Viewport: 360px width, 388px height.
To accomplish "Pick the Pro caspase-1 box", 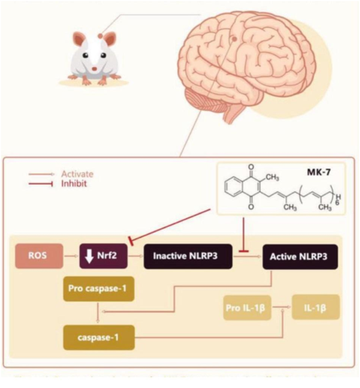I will click(x=98, y=289).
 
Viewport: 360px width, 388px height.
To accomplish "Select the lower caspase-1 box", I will click(x=98, y=336).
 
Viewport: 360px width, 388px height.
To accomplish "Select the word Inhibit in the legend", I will click(x=74, y=183).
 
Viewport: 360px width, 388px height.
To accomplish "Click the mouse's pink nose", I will click(x=94, y=68).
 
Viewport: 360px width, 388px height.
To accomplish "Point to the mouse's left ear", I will click(x=80, y=41).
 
